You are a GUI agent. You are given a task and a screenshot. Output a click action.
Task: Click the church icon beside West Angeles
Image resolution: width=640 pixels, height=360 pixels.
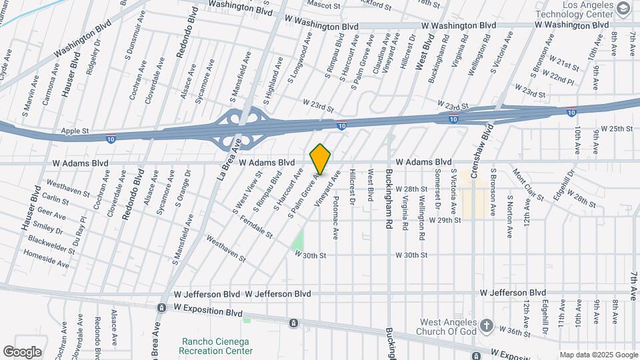pos(487,325)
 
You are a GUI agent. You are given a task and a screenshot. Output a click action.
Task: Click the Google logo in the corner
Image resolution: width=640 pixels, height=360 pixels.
pos(22,351)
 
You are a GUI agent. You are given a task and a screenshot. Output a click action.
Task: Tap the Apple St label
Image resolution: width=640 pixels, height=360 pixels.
pos(75,131)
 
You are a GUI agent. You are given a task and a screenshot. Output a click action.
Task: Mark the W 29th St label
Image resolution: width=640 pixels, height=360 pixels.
pos(445,220)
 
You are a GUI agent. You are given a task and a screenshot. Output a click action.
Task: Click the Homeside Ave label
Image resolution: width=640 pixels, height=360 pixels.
pos(46,259)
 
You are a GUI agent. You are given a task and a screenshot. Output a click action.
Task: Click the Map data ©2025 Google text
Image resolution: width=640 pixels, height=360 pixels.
pos(598,355)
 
